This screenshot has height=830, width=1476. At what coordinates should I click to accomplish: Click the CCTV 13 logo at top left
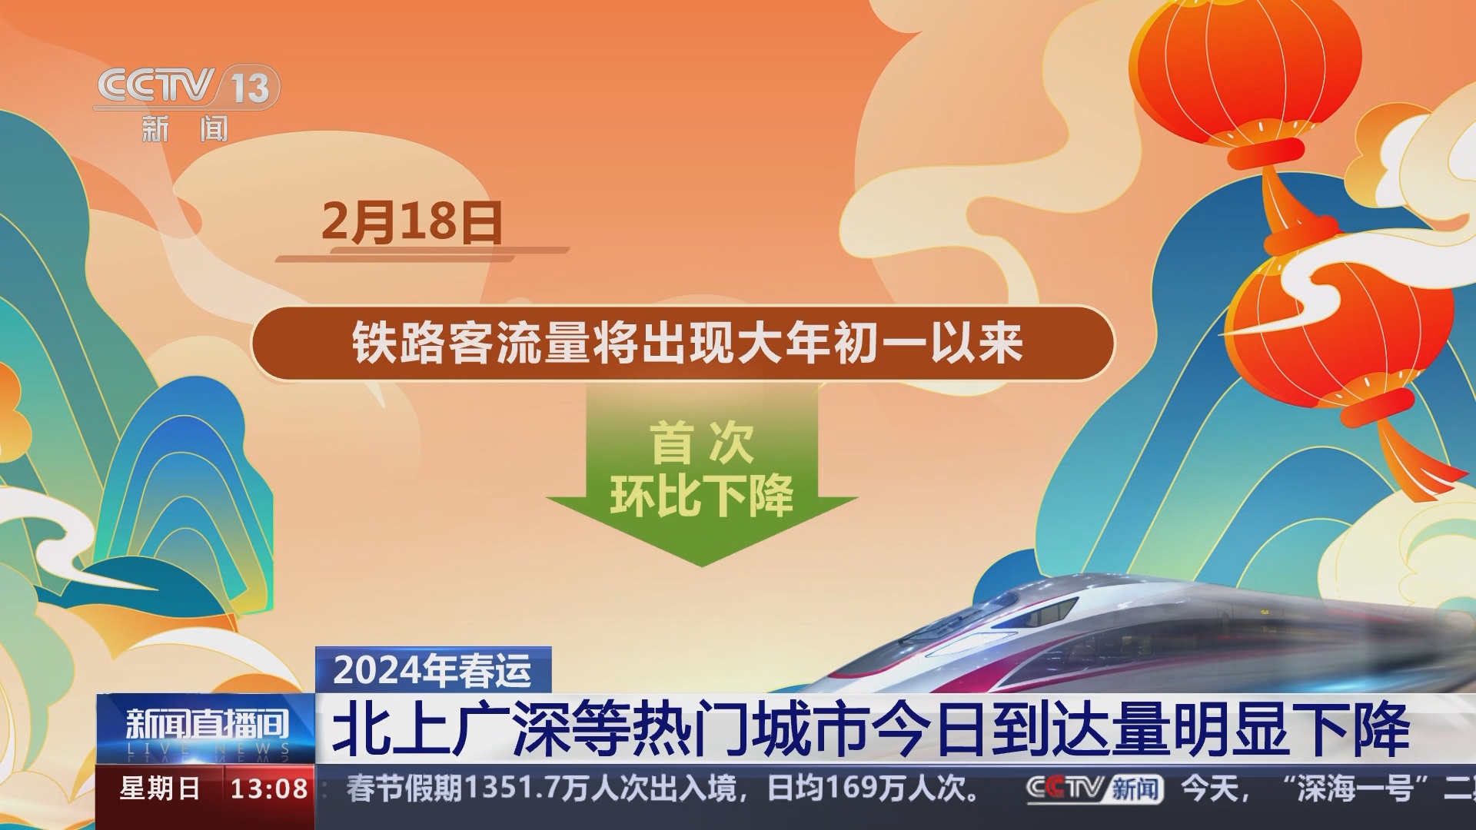click(x=186, y=86)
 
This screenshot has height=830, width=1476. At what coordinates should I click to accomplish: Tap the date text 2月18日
click(x=411, y=222)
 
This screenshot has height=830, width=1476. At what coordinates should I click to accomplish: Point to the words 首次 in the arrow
click(x=701, y=443)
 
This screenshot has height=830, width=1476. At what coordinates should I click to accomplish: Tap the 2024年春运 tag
click(x=433, y=670)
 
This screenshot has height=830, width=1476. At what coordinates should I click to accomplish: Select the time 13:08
click(x=269, y=789)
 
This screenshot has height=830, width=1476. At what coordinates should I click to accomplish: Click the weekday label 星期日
click(x=160, y=789)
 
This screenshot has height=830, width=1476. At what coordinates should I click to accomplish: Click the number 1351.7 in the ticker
click(x=511, y=789)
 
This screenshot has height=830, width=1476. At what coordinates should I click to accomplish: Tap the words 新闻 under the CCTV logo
click(x=184, y=129)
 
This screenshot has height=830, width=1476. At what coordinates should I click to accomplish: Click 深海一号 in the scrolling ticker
click(x=1357, y=789)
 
